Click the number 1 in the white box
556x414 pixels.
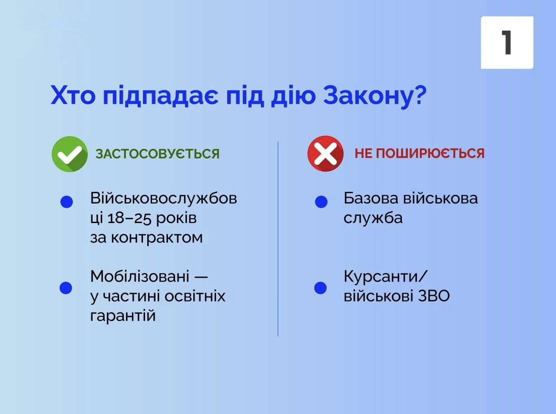point(506,42)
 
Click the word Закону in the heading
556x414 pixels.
point(368,95)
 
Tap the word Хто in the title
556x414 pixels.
point(73,95)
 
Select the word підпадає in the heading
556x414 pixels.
point(161,95)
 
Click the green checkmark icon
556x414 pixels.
point(69,154)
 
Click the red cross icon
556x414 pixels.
point(325,154)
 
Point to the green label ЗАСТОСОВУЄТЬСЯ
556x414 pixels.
point(157,154)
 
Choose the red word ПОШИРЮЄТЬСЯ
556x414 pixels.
point(430,153)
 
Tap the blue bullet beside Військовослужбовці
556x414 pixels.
point(66,202)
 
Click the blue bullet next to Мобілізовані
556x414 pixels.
point(66,288)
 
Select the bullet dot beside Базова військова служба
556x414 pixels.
point(321,202)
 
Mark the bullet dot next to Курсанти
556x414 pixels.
point(321,288)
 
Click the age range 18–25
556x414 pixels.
point(129,218)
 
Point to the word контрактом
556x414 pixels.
point(157,238)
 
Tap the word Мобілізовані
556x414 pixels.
point(139,276)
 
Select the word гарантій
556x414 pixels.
point(123,316)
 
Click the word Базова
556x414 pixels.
point(371,198)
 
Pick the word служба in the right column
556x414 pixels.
point(373,218)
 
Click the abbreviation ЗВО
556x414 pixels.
point(434,296)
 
